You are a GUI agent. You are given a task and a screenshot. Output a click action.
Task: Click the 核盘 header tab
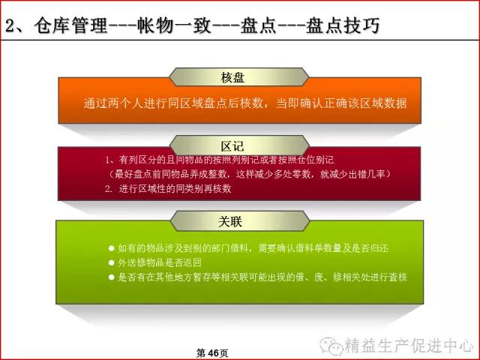239,77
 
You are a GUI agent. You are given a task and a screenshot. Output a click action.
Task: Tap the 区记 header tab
239,145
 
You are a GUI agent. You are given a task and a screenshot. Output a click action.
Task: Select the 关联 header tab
240,221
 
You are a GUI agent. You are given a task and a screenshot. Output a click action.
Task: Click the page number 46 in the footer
214,353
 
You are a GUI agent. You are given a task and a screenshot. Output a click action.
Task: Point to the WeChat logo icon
331,346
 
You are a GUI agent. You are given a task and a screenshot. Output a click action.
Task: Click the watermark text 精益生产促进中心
409,346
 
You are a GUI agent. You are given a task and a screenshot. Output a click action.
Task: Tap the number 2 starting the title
11,25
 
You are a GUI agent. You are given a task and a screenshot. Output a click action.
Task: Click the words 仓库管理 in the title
71,25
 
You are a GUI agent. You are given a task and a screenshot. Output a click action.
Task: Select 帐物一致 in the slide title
175,25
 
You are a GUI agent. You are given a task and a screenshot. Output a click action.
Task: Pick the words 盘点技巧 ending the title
343,25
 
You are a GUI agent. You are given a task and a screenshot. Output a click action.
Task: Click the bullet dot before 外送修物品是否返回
111,262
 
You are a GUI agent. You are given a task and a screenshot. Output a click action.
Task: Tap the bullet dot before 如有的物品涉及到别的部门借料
111,247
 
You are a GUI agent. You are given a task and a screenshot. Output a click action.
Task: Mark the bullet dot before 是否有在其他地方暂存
111,277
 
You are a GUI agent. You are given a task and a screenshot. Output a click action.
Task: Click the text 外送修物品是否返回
160,262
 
